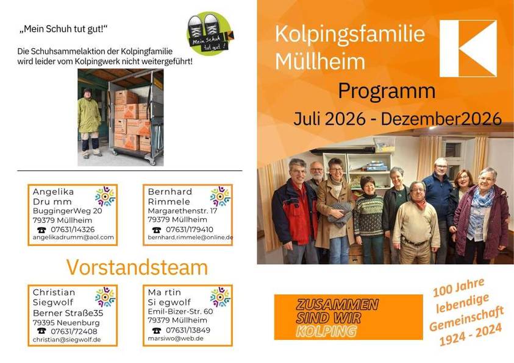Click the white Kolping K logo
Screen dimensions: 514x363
point(468,49)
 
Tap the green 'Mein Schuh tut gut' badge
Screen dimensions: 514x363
point(210,33)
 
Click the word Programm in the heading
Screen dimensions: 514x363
point(387,91)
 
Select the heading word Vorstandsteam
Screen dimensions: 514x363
point(137,267)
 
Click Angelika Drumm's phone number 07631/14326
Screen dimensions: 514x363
point(73,230)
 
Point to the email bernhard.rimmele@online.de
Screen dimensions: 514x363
point(190,238)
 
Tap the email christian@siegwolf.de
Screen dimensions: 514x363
point(66,340)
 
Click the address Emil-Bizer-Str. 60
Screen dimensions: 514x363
point(180,311)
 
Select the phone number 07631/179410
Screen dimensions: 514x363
point(189,230)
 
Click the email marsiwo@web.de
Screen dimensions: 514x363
point(171,339)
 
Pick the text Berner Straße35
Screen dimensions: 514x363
point(68,313)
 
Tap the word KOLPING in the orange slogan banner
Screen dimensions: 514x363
point(326,331)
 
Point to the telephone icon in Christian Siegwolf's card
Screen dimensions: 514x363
point(41,331)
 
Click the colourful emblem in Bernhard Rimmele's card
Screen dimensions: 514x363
point(220,196)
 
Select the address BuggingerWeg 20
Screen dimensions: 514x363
point(67,211)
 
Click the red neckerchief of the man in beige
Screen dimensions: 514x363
point(420,204)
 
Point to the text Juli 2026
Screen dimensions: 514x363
point(329,119)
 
